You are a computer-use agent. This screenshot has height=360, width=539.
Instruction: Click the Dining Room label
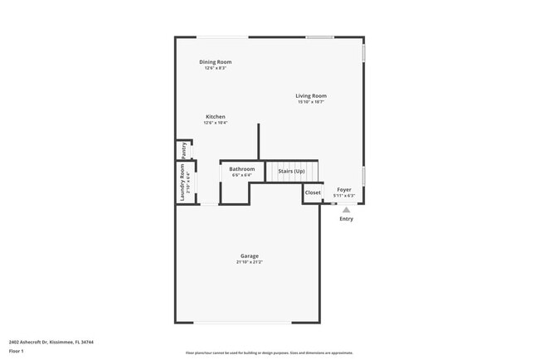(215, 62)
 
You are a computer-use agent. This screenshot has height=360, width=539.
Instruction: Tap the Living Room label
(311, 96)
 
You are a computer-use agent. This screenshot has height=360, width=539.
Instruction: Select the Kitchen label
(216, 117)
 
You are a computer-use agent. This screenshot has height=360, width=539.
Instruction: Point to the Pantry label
(184, 150)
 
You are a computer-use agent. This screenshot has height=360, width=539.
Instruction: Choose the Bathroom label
(242, 169)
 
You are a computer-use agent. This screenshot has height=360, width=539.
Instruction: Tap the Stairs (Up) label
(291, 171)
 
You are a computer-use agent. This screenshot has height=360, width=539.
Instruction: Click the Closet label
(313, 192)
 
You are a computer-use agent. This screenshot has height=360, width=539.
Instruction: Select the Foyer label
(343, 190)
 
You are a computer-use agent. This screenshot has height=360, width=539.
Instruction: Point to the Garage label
(250, 256)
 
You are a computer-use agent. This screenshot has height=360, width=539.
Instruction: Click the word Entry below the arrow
(347, 219)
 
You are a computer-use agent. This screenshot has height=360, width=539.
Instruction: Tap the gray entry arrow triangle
(347, 210)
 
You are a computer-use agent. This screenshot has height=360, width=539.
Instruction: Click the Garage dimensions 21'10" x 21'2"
(250, 262)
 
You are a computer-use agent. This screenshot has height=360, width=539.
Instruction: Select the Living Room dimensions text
(311, 102)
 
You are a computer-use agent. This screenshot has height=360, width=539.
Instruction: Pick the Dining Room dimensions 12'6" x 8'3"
(216, 68)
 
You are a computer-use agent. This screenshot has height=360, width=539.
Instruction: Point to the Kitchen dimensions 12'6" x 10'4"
(216, 123)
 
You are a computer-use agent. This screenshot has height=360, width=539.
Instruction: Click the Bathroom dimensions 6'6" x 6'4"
(241, 175)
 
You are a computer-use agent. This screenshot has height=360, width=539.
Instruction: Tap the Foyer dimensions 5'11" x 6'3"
(343, 196)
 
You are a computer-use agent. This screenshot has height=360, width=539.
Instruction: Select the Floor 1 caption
(17, 351)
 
